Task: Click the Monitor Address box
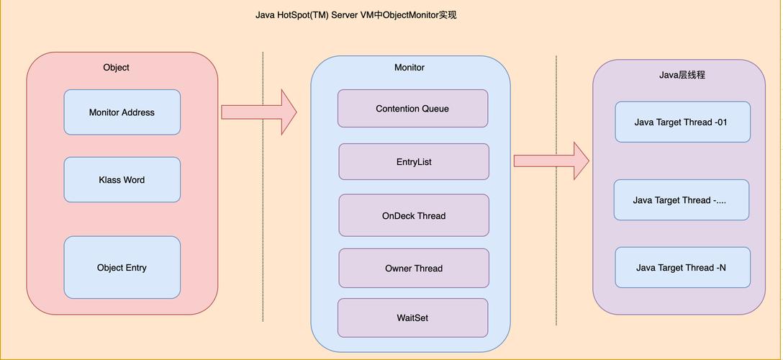(122, 112)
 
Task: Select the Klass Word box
(122, 180)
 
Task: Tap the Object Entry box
(122, 268)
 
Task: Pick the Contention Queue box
(412, 109)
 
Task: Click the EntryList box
(414, 162)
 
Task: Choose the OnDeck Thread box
(414, 216)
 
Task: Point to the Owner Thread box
(414, 269)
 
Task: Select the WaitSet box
(412, 318)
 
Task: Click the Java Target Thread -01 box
(682, 122)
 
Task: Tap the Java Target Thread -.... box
(681, 200)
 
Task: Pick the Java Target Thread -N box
(682, 268)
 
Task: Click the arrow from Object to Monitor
(259, 112)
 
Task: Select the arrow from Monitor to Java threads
(551, 161)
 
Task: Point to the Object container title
(116, 68)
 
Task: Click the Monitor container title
(409, 68)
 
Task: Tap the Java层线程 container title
(677, 75)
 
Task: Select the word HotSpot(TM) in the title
(302, 15)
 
